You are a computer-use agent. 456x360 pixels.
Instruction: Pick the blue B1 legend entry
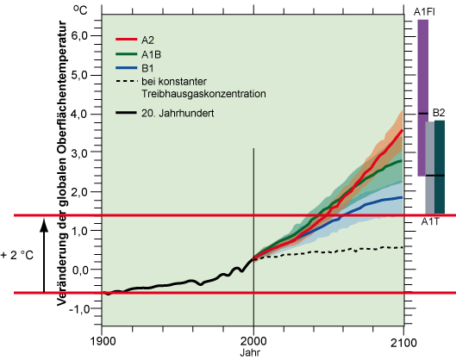pos(147,67)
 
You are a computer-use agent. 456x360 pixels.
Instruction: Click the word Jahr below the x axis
pos(253,351)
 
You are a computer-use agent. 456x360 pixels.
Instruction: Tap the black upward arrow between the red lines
pos(42,254)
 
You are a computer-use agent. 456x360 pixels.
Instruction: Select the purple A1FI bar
pos(422,95)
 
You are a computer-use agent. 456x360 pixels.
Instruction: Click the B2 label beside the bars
pos(438,113)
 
